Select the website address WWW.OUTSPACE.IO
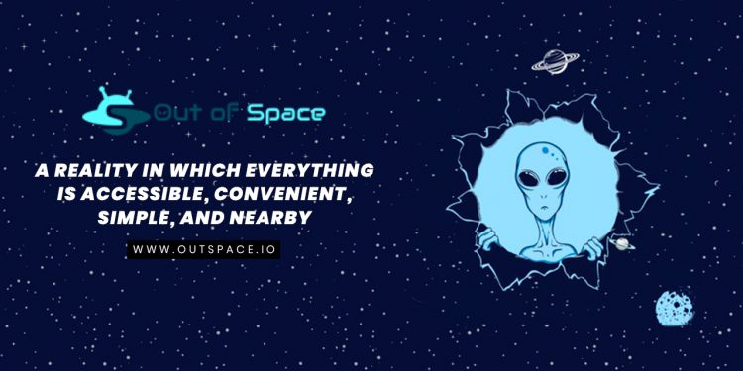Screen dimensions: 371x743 pyautogui.click(x=206, y=249)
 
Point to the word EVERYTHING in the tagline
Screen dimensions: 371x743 pyautogui.click(x=320, y=169)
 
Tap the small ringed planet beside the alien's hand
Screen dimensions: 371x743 pyautogui.click(x=622, y=242)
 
